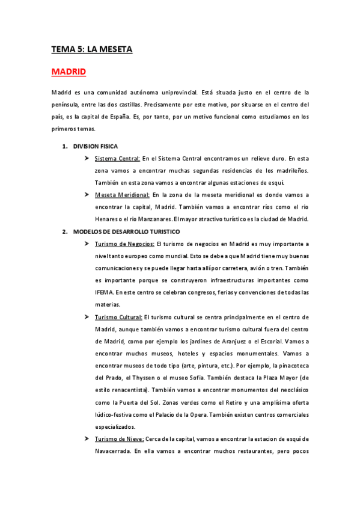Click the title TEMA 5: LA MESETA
pos(91,49)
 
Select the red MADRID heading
pos(69,72)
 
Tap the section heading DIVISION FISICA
pos(95,146)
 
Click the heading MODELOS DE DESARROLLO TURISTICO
pos(126,232)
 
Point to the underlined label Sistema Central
pos(117,158)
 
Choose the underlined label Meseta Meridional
pos(122,195)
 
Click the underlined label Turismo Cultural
pos(118,316)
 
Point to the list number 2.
pos(64,232)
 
